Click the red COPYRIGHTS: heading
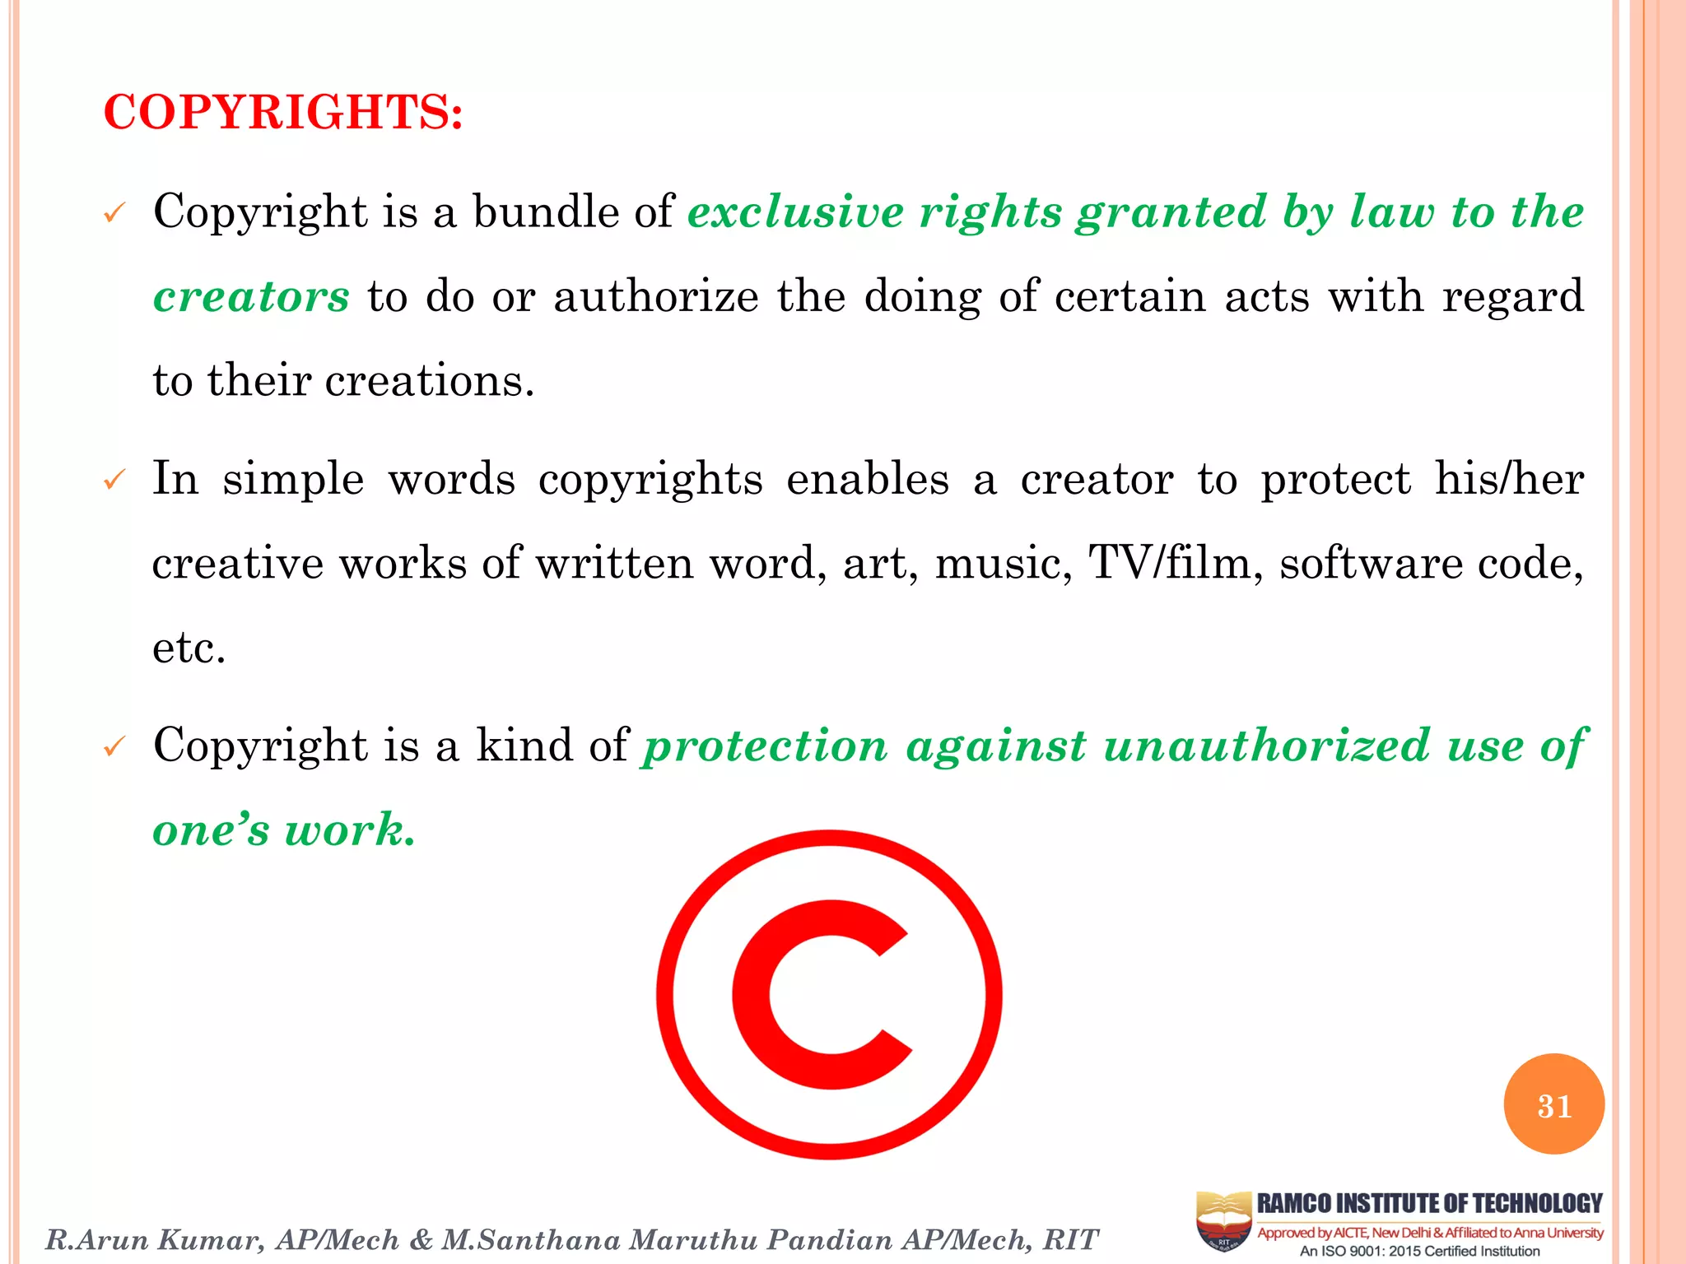pyautogui.click(x=282, y=112)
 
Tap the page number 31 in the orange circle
pyautogui.click(x=1553, y=1105)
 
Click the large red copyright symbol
pyautogui.click(x=829, y=994)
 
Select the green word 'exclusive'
pyautogui.click(x=795, y=212)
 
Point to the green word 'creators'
pyautogui.click(x=252, y=297)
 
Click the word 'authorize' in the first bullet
pyautogui.click(x=655, y=297)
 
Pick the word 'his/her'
pyautogui.click(x=1509, y=479)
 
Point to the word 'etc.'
pyautogui.click(x=189, y=648)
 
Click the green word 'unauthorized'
pyautogui.click(x=1266, y=746)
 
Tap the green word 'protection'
pyautogui.click(x=766, y=746)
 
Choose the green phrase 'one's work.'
pyautogui.click(x=284, y=829)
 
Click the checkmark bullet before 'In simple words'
pyautogui.click(x=114, y=480)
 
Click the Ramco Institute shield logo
pyautogui.click(x=1223, y=1220)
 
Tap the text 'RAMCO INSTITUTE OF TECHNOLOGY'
pyautogui.click(x=1430, y=1204)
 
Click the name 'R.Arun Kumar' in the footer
pyautogui.click(x=155, y=1239)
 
